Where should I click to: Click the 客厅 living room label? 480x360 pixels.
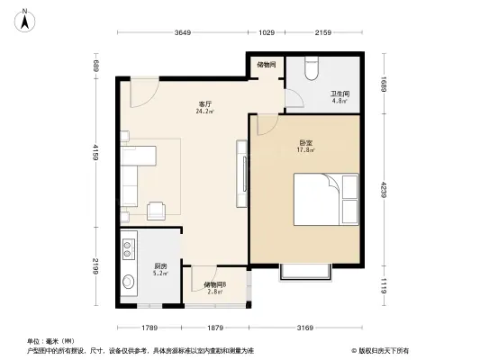[205, 105]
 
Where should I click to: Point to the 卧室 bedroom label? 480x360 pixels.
[307, 143]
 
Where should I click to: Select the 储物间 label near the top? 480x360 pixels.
[267, 65]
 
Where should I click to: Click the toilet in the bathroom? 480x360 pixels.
[312, 68]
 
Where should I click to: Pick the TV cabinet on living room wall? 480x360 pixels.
[240, 172]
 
